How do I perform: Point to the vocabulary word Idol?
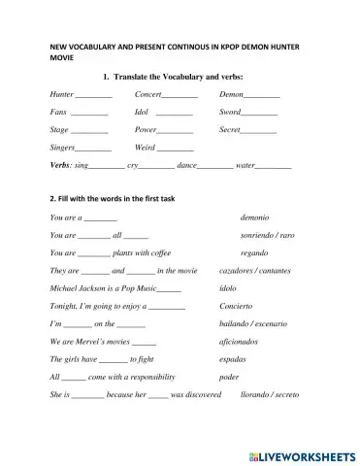pos(143,112)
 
